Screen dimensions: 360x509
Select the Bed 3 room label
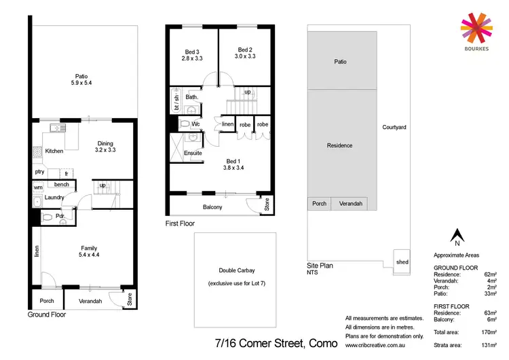(x=192, y=52)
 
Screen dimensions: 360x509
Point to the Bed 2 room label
(x=245, y=49)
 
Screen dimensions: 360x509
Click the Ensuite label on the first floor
(x=193, y=153)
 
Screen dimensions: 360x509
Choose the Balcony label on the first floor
(x=212, y=206)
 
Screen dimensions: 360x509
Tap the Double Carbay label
(x=235, y=270)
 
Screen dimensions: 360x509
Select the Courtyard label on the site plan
(x=394, y=127)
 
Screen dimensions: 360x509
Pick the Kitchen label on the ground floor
(x=54, y=151)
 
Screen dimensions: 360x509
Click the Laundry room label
(x=54, y=198)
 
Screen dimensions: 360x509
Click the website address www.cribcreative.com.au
(x=375, y=344)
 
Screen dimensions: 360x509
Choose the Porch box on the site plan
(x=319, y=203)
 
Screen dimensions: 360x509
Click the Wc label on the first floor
(x=195, y=124)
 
